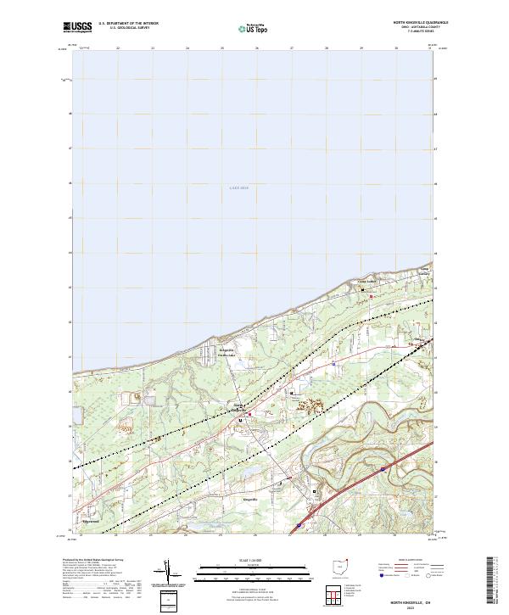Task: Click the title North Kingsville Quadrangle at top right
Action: (419, 22)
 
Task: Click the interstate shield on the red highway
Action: (383, 467)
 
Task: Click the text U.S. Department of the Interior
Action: (129, 23)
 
